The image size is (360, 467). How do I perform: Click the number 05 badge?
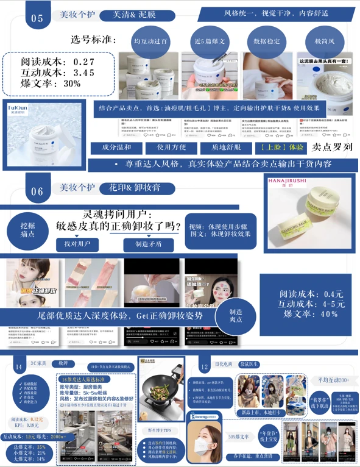[37, 18]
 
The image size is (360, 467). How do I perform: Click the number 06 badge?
[37, 191]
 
